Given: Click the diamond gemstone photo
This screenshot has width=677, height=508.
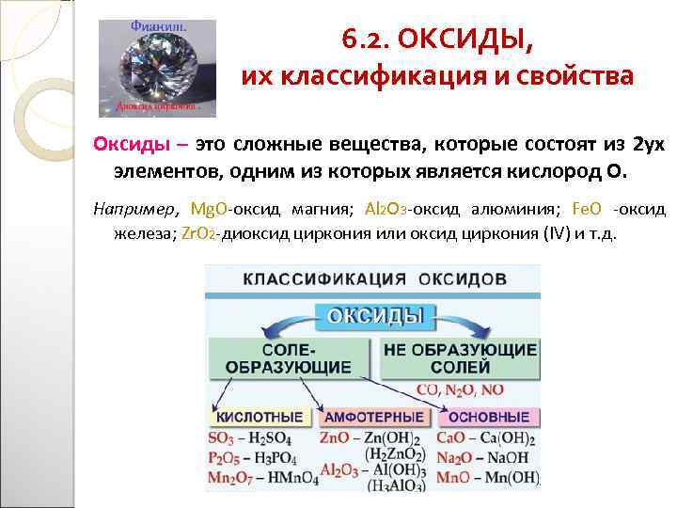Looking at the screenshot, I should [157, 68].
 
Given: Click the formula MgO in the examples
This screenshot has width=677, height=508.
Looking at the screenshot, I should [209, 208].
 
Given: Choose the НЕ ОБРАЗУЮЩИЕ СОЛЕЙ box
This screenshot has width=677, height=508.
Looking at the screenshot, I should [460, 358].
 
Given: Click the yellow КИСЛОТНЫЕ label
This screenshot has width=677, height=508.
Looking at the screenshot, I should [260, 418].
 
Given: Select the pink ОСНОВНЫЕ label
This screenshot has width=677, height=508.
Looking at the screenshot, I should [489, 418].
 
